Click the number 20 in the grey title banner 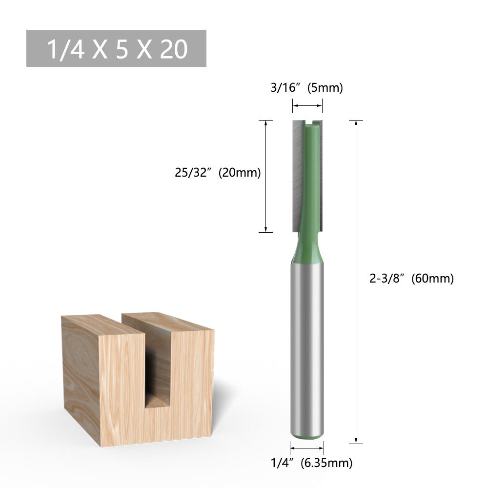click(x=174, y=49)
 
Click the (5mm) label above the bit click(x=325, y=88)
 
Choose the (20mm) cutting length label click(x=240, y=173)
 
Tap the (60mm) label click(x=433, y=279)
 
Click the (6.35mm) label click(x=326, y=463)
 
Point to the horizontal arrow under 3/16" click(x=307, y=105)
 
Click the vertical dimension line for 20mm click(x=265, y=176)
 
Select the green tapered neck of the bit click(x=307, y=249)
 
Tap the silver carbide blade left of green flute click(x=296, y=176)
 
